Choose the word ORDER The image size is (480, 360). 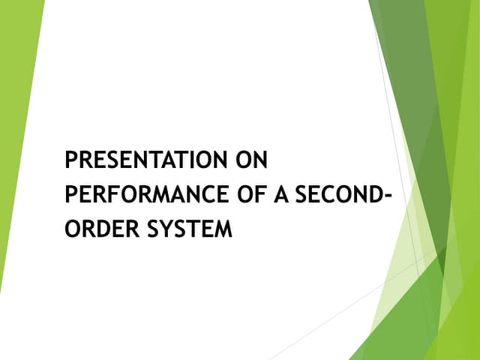(95, 228)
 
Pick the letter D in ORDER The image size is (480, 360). (97, 228)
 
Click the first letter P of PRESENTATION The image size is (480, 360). (71, 160)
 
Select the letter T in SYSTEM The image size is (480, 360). (188, 228)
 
